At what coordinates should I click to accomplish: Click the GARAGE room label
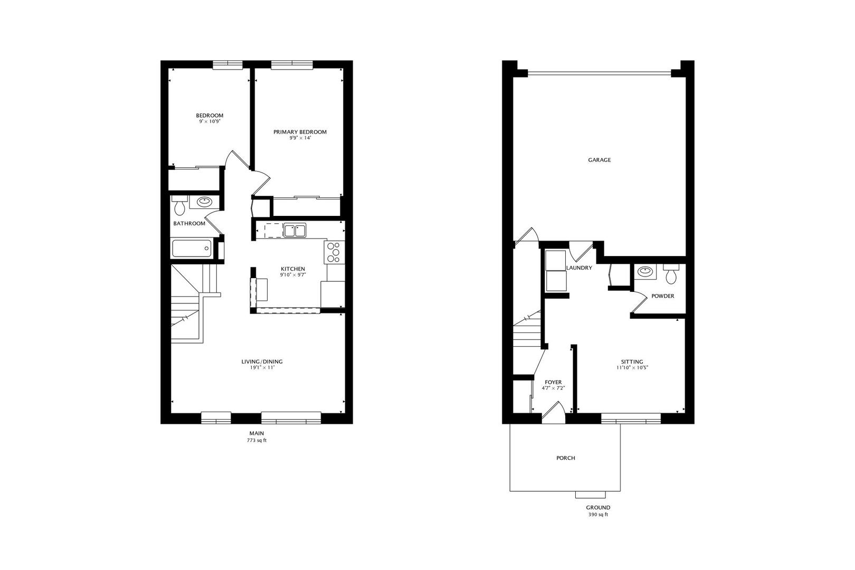[599, 160]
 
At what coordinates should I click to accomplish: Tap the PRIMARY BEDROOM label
[300, 132]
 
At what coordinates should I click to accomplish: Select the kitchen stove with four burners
[334, 252]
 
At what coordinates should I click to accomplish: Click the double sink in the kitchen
[294, 231]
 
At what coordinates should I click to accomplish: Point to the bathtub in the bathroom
[192, 248]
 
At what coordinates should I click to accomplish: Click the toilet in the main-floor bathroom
[179, 205]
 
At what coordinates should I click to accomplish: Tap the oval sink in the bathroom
[204, 202]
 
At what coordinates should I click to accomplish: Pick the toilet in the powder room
[671, 274]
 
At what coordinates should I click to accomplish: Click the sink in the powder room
[644, 272]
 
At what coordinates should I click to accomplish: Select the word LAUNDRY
[579, 268]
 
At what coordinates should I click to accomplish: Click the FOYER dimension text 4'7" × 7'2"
[553, 388]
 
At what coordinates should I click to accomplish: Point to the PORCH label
[566, 458]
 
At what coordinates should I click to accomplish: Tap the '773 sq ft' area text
[257, 440]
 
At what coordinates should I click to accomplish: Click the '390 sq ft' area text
[598, 515]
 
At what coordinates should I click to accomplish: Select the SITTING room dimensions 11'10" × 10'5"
[632, 368]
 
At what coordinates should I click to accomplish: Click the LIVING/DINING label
[262, 362]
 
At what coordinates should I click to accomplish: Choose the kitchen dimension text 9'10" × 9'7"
[293, 275]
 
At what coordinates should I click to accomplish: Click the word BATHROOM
[189, 224]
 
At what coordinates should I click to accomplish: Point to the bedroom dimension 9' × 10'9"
[210, 122]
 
